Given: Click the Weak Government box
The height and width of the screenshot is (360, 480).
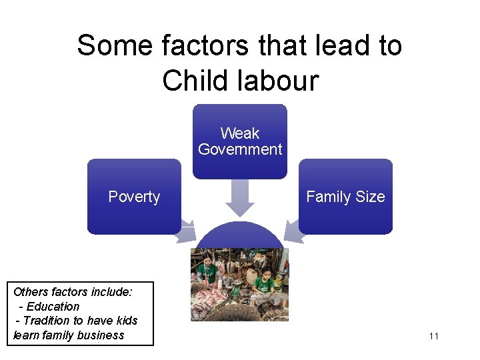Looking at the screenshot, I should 240,141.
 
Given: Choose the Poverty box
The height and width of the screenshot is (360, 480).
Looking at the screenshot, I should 134,197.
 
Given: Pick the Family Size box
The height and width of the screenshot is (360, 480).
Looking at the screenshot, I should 345,197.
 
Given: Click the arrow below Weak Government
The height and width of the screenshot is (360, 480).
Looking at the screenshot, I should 240,197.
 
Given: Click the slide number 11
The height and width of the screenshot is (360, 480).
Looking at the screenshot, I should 434,336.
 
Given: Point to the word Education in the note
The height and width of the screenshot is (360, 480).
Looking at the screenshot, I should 53,307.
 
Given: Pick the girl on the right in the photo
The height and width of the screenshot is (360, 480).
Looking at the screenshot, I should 265,283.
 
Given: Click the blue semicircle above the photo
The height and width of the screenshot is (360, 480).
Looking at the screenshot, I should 240,235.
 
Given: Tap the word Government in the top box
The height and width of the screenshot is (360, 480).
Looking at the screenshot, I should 240,149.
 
